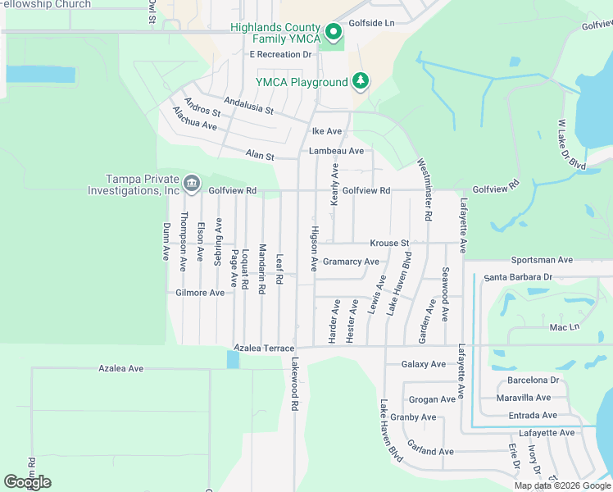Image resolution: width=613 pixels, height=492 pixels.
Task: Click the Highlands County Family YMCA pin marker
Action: [334, 32]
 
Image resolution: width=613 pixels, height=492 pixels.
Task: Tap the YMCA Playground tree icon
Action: [360, 81]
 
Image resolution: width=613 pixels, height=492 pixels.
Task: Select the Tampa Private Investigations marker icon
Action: [192, 182]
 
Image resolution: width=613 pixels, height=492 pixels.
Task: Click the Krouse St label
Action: [388, 244]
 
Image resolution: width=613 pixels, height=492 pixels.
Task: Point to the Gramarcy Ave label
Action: [351, 262]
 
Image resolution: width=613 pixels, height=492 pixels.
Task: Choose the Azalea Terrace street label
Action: [263, 348]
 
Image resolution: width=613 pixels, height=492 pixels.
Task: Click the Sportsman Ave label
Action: [541, 260]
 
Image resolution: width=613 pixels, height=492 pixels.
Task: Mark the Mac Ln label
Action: [564, 327]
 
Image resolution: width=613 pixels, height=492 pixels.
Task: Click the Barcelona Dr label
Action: [533, 380]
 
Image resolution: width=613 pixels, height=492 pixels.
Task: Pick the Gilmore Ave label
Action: [200, 293]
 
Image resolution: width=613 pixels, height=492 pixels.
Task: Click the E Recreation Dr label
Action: [281, 54]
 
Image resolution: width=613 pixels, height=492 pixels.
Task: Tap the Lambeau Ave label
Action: [336, 151]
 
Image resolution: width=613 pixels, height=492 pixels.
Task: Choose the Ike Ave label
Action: [327, 131]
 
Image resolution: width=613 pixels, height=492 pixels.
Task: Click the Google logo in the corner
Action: [27, 482]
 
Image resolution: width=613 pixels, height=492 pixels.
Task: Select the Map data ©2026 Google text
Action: [561, 485]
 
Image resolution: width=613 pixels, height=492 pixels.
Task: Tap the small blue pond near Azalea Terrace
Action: [234, 359]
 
